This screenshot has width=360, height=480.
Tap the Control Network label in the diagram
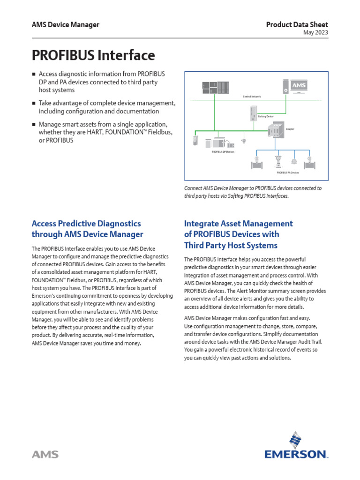[x=252, y=97]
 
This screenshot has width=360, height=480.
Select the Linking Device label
[x=266, y=116]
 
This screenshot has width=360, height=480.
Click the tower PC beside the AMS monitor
[x=286, y=86]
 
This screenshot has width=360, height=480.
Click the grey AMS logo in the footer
[x=45, y=454]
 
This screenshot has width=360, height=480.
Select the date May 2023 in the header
[x=315, y=32]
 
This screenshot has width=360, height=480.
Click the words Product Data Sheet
[x=297, y=25]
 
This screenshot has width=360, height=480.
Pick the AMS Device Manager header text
[x=65, y=25]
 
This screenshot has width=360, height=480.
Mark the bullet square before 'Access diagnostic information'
[x=33, y=75]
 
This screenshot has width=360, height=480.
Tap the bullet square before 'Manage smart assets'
[x=33, y=125]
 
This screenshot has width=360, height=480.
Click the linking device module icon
[x=254, y=113]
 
